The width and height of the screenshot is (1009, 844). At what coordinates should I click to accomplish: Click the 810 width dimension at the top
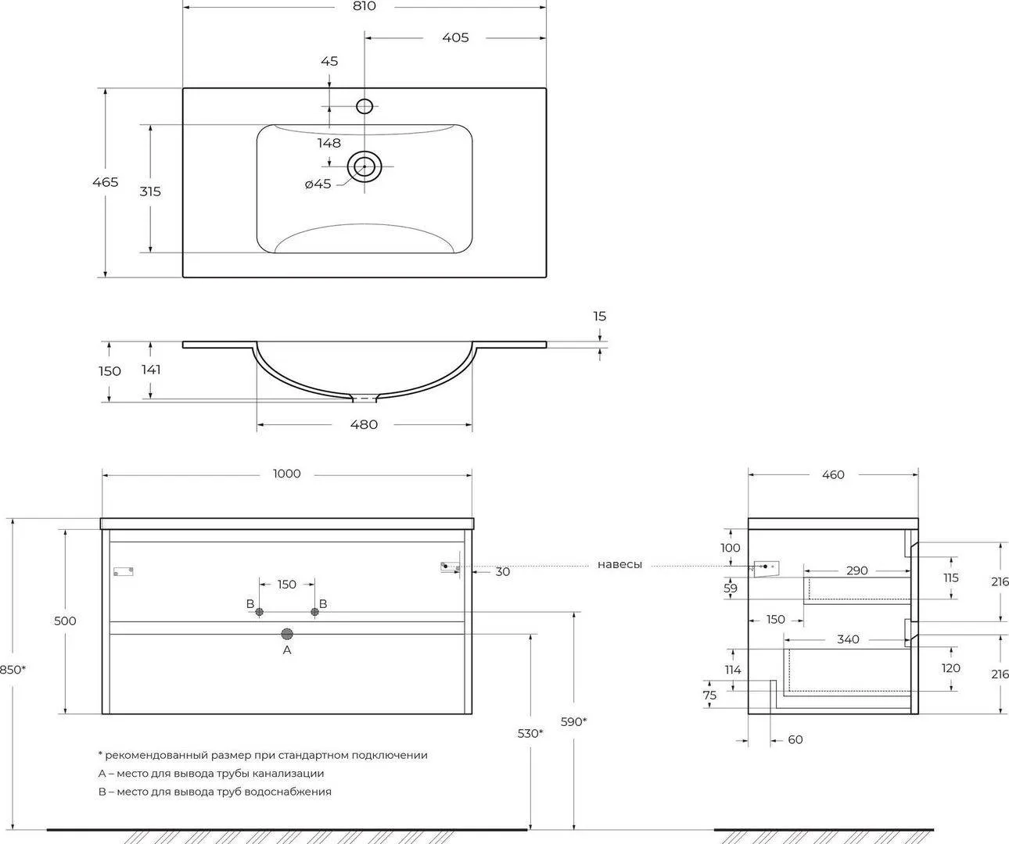point(364,6)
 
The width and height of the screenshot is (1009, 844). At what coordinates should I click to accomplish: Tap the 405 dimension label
point(455,38)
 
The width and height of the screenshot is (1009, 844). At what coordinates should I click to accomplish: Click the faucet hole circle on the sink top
point(364,105)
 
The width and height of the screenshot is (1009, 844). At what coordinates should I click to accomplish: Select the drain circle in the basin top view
point(364,166)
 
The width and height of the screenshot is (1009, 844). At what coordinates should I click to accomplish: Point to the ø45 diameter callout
point(318,184)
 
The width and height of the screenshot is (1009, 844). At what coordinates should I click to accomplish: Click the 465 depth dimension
point(106,182)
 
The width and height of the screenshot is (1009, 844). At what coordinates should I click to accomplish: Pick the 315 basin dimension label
point(150,191)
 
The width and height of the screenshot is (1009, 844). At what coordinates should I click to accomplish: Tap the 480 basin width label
point(364,424)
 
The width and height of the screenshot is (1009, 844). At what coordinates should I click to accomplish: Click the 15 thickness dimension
point(599,316)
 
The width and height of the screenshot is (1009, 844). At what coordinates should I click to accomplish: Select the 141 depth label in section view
point(151,370)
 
